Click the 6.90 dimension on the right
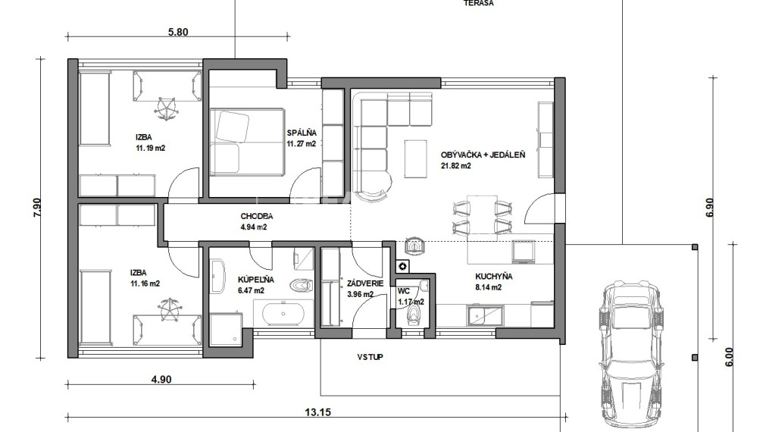[709, 208]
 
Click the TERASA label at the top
[478, 4]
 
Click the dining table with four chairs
[479, 216]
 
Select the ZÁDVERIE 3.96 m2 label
[360, 290]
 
